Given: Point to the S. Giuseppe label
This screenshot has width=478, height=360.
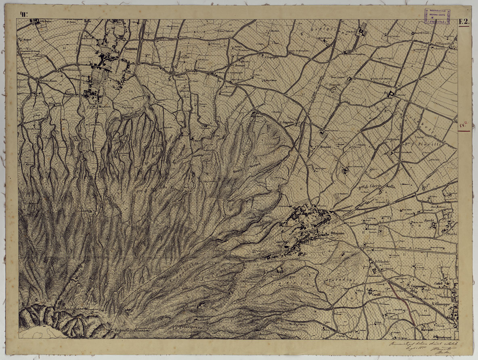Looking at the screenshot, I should [x=440, y=304].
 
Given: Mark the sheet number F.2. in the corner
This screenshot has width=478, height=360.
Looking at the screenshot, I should [x=464, y=23].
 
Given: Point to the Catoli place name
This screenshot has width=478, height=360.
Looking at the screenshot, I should [x=438, y=284].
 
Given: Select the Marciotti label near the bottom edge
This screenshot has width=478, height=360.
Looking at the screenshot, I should [x=427, y=330].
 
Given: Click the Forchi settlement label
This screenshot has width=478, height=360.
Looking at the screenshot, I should [x=429, y=220].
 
